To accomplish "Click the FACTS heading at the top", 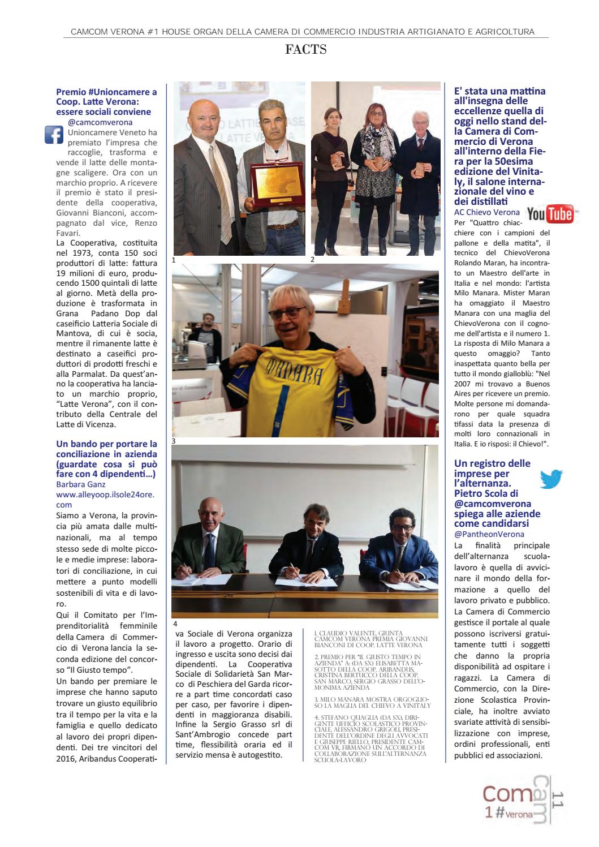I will click(306, 50).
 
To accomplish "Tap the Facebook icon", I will click(53, 135).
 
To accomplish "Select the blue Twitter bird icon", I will click(550, 479).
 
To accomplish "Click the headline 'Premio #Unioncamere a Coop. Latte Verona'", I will click(107, 101).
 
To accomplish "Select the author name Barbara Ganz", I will click(81, 484).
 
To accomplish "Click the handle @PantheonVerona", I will click(489, 534).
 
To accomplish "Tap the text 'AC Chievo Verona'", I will click(487, 212).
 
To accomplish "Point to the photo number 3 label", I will click(174, 440).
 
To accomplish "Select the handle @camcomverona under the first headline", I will click(100, 122).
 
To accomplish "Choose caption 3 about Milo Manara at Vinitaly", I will click(372, 703).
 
